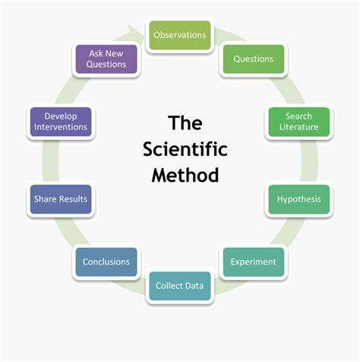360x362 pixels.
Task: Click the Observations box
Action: click(179, 35)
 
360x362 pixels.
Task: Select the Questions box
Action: click(253, 59)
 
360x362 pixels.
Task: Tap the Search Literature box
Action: click(298, 122)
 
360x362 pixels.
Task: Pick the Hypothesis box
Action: click(298, 199)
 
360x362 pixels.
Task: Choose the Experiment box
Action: click(253, 262)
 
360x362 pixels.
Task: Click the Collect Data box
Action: click(179, 286)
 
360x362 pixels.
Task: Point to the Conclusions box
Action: click(106, 262)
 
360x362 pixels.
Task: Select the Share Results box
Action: click(61, 199)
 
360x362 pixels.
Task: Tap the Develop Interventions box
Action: click(61, 122)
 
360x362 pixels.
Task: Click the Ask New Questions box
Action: click(106, 59)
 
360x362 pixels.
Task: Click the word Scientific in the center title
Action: click(180, 148)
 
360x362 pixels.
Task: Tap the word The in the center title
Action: click(180, 122)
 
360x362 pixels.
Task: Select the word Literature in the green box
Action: click(298, 127)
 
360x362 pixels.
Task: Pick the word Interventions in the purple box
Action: click(61, 127)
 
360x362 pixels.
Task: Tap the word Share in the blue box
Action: click(45, 199)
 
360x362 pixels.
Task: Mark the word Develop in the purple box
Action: click(61, 116)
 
